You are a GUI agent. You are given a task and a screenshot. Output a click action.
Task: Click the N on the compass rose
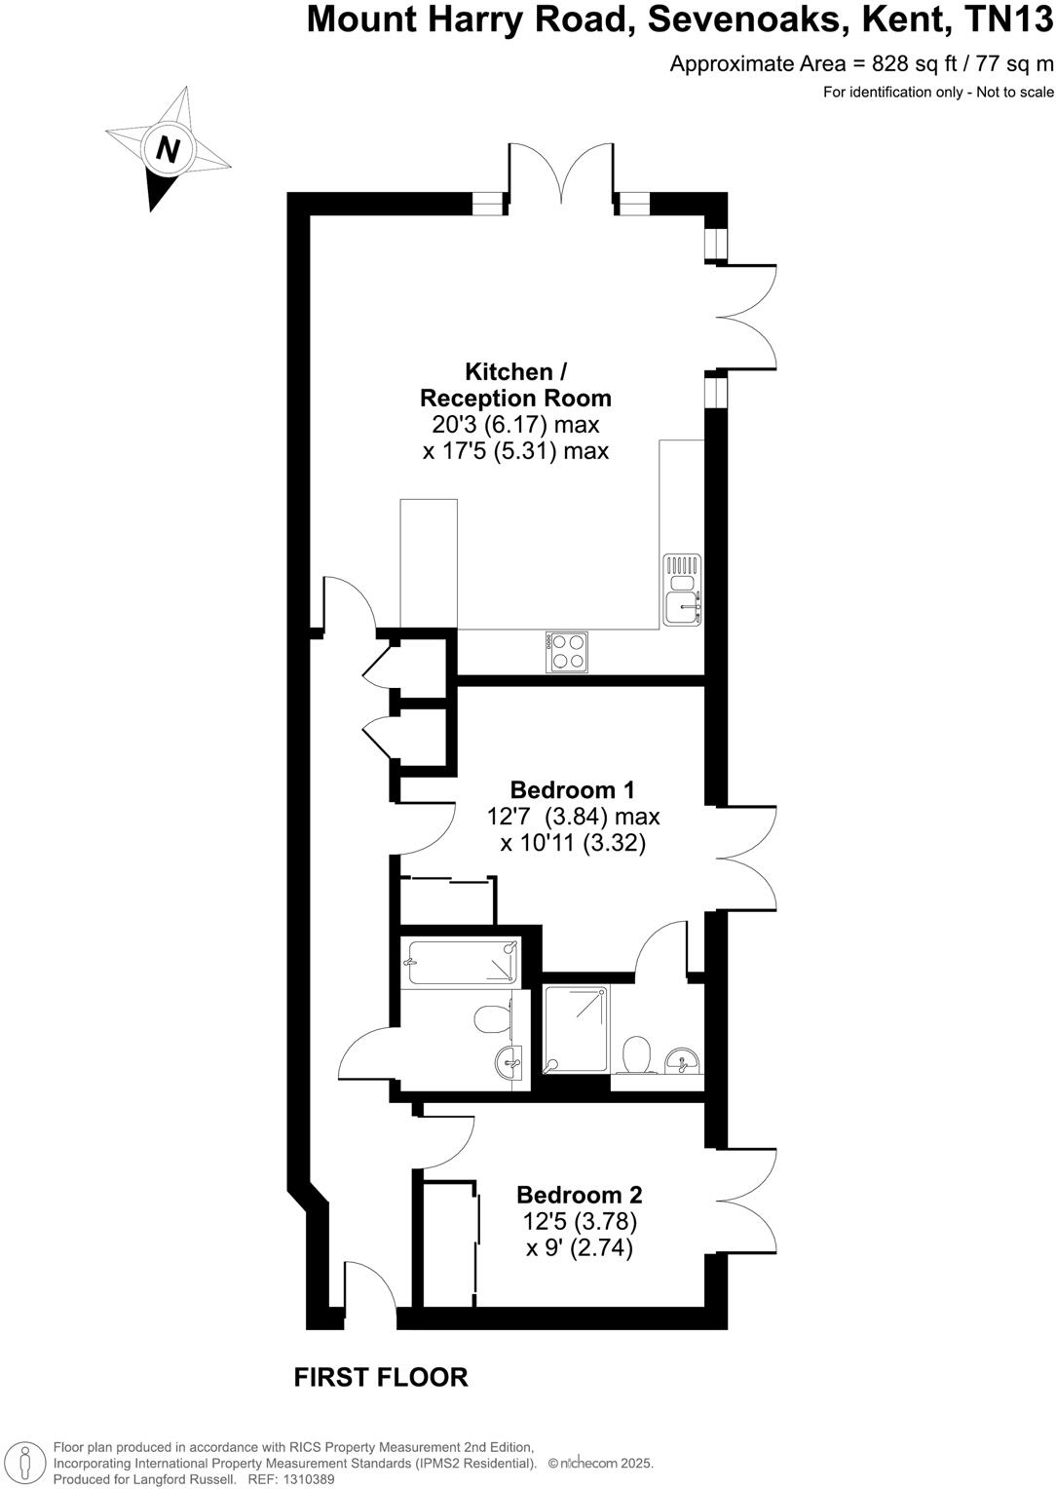(169, 149)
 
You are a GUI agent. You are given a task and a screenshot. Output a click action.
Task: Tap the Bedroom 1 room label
(573, 789)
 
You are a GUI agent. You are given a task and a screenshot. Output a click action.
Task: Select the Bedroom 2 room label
(579, 1195)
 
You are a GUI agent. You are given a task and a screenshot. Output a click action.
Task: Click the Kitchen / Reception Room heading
(515, 385)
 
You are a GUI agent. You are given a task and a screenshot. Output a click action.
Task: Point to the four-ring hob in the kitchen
(567, 651)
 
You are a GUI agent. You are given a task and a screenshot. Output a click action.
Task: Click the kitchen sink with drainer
(682, 590)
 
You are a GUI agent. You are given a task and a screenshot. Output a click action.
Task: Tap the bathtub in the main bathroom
(462, 963)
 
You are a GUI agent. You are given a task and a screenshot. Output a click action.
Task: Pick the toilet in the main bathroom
(494, 1019)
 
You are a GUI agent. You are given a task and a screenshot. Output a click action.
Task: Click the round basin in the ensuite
(683, 1060)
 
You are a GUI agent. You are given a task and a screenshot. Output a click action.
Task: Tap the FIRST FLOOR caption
(381, 1377)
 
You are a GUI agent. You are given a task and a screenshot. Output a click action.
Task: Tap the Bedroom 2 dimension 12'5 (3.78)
(580, 1221)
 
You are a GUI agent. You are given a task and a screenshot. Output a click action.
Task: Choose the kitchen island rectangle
(429, 563)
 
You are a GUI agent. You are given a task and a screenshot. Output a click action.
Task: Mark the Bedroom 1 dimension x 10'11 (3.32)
(573, 843)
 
